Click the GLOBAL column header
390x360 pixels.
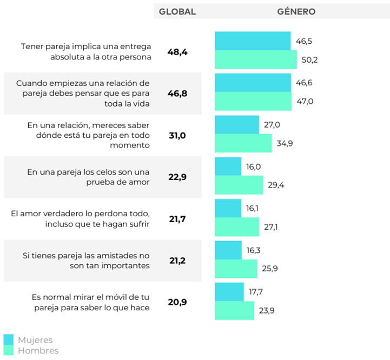[177, 11]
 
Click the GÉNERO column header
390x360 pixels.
[296, 11]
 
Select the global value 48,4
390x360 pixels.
[177, 52]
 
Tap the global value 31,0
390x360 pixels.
[177, 135]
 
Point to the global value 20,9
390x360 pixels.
[177, 302]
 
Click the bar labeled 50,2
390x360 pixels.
[255, 59]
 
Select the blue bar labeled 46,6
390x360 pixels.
[253, 83]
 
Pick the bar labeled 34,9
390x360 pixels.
[243, 143]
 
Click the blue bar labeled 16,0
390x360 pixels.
[228, 166]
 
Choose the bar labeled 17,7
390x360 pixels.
[229, 292]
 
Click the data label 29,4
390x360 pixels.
[276, 185]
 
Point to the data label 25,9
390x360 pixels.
[270, 269]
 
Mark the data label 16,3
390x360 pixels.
[255, 250]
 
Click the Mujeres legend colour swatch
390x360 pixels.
[8, 339]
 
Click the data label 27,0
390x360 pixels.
[272, 125]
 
